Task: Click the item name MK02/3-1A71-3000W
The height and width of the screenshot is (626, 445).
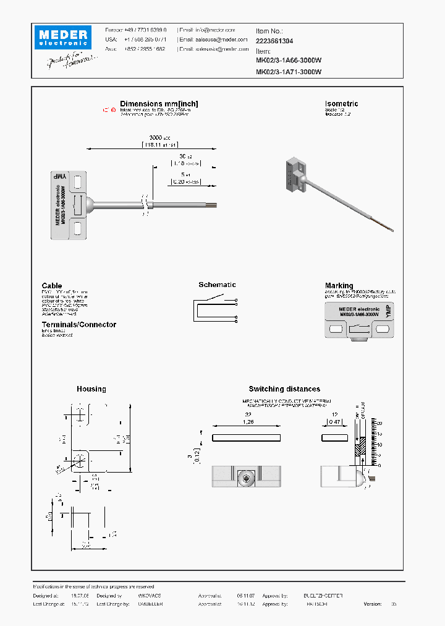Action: tap(289, 72)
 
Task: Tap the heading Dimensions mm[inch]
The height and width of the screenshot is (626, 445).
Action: tap(159, 104)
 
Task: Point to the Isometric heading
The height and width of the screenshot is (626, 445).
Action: tap(341, 104)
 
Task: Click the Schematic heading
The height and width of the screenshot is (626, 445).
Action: tap(217, 285)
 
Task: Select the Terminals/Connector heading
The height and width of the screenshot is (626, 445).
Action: tap(78, 325)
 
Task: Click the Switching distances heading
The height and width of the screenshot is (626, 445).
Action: tap(284, 389)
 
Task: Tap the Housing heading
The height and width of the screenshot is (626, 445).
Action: tap(91, 389)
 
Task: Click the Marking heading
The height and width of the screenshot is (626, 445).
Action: tap(339, 286)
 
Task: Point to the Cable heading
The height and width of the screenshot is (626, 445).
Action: tap(52, 286)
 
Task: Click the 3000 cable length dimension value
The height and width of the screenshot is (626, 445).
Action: tap(157, 137)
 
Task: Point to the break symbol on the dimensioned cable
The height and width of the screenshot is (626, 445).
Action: tap(146, 205)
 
